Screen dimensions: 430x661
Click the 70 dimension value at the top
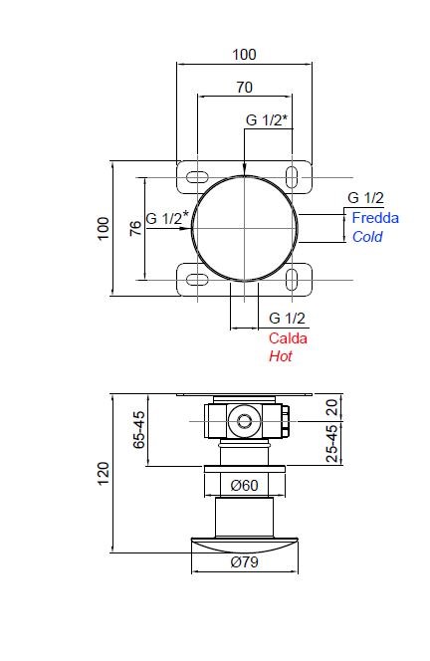[244, 88]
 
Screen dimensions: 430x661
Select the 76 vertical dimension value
[135, 228]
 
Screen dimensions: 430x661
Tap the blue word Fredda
[375, 218]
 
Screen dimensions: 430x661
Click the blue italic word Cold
[367, 237]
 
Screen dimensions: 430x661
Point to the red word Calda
[288, 338]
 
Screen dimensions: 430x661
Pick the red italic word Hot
[281, 356]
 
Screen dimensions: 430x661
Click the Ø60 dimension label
[244, 485]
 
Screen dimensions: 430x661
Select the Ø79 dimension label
[244, 561]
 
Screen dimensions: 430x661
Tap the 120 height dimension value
[104, 474]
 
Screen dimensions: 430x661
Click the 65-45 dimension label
[138, 430]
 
